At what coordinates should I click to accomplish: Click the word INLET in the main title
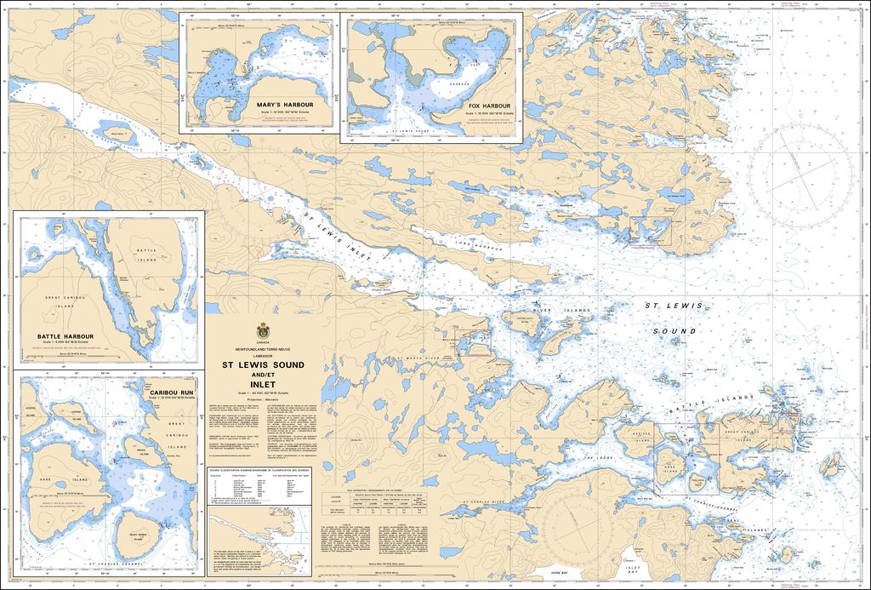point(263,382)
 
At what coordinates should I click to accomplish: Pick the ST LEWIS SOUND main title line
point(263,364)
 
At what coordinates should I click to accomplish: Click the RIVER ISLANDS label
point(554,310)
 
